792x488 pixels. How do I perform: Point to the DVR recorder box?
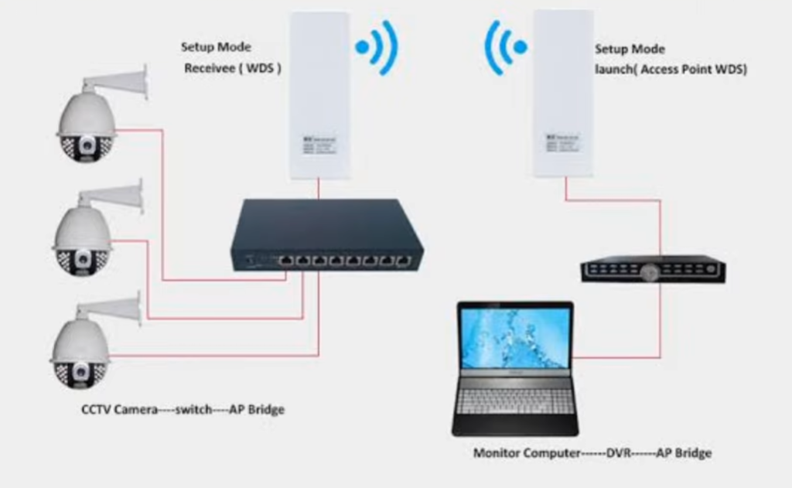coord(653,268)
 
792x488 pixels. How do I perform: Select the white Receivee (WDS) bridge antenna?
coord(319,96)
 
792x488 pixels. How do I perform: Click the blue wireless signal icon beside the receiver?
coord(377,46)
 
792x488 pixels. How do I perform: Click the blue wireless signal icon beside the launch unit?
coord(506,46)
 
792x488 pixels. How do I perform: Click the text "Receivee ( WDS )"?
coord(232,68)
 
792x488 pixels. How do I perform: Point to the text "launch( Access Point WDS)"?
coord(671,69)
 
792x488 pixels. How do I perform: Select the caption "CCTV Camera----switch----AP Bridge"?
coord(183,409)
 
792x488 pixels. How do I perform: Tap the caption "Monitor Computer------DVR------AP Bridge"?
coord(592,452)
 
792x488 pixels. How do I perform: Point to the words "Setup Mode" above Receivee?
coord(216,47)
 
